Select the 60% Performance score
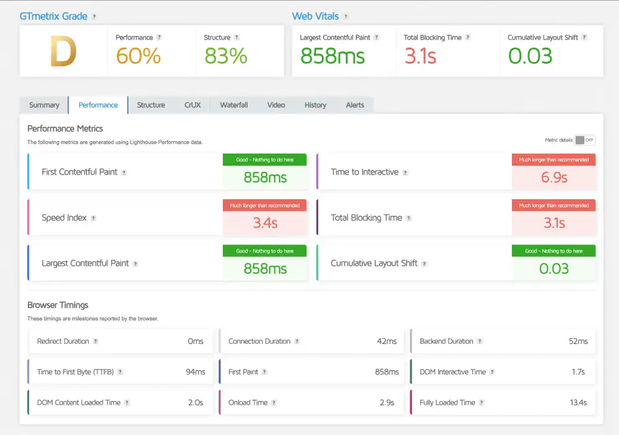pyautogui.click(x=138, y=56)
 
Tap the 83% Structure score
pyautogui.click(x=225, y=56)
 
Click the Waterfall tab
pyautogui.click(x=233, y=105)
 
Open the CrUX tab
pyautogui.click(x=193, y=105)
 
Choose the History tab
pyautogui.click(x=315, y=105)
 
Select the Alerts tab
pyautogui.click(x=355, y=105)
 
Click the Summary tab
pyautogui.click(x=44, y=105)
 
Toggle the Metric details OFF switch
pyautogui.click(x=584, y=140)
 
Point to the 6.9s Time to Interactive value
pyautogui.click(x=554, y=178)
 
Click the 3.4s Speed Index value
pyautogui.click(x=265, y=223)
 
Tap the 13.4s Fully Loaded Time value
pyautogui.click(x=578, y=403)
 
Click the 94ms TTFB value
pyautogui.click(x=196, y=372)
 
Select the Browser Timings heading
pyautogui.click(x=58, y=305)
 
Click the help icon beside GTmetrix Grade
pyautogui.click(x=94, y=17)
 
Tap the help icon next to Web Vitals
pyautogui.click(x=346, y=17)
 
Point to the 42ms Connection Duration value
pyautogui.click(x=387, y=342)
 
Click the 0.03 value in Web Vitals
pyautogui.click(x=530, y=56)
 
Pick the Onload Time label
pyautogui.click(x=248, y=403)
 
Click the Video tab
pyautogui.click(x=276, y=105)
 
